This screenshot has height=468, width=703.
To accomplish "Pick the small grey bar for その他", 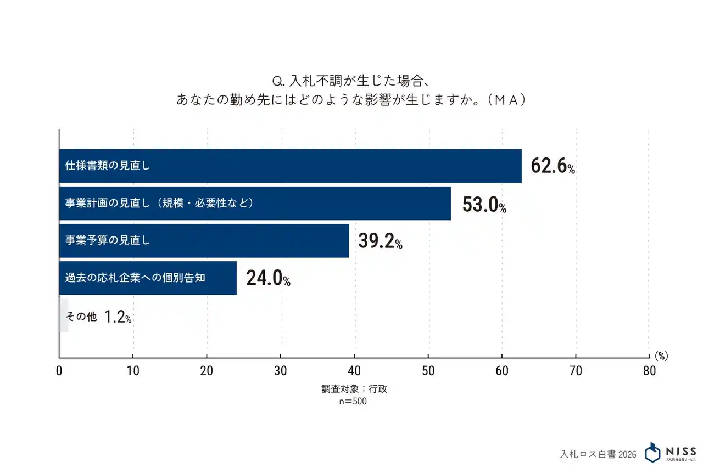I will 64,315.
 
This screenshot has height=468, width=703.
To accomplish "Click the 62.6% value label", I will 553,166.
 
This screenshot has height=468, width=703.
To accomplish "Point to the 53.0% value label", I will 484,204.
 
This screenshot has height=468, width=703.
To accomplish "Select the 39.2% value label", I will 380,241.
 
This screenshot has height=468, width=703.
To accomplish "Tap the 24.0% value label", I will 268,278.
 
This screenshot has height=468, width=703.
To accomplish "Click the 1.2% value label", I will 118,317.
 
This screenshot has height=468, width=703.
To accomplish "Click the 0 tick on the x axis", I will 59,370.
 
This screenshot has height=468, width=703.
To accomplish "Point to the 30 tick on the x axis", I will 281,370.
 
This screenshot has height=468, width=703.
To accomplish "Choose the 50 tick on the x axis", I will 428,370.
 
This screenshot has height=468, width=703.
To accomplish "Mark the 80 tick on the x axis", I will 649,370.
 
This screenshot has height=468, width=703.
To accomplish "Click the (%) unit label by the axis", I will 661,356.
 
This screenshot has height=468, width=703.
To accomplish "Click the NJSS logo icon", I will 653,452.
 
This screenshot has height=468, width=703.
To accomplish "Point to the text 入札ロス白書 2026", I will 598,454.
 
